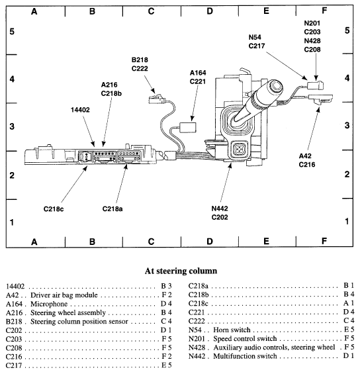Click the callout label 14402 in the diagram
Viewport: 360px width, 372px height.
coord(80,110)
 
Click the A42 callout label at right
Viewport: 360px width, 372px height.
coord(306,157)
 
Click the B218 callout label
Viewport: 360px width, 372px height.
coord(139,59)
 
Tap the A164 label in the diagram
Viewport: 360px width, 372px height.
coord(198,73)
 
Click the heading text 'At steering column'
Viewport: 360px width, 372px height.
coord(180,270)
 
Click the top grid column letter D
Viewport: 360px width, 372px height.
coord(210,11)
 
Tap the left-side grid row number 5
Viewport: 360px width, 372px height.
coord(11,31)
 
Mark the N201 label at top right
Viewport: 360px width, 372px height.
coord(312,23)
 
